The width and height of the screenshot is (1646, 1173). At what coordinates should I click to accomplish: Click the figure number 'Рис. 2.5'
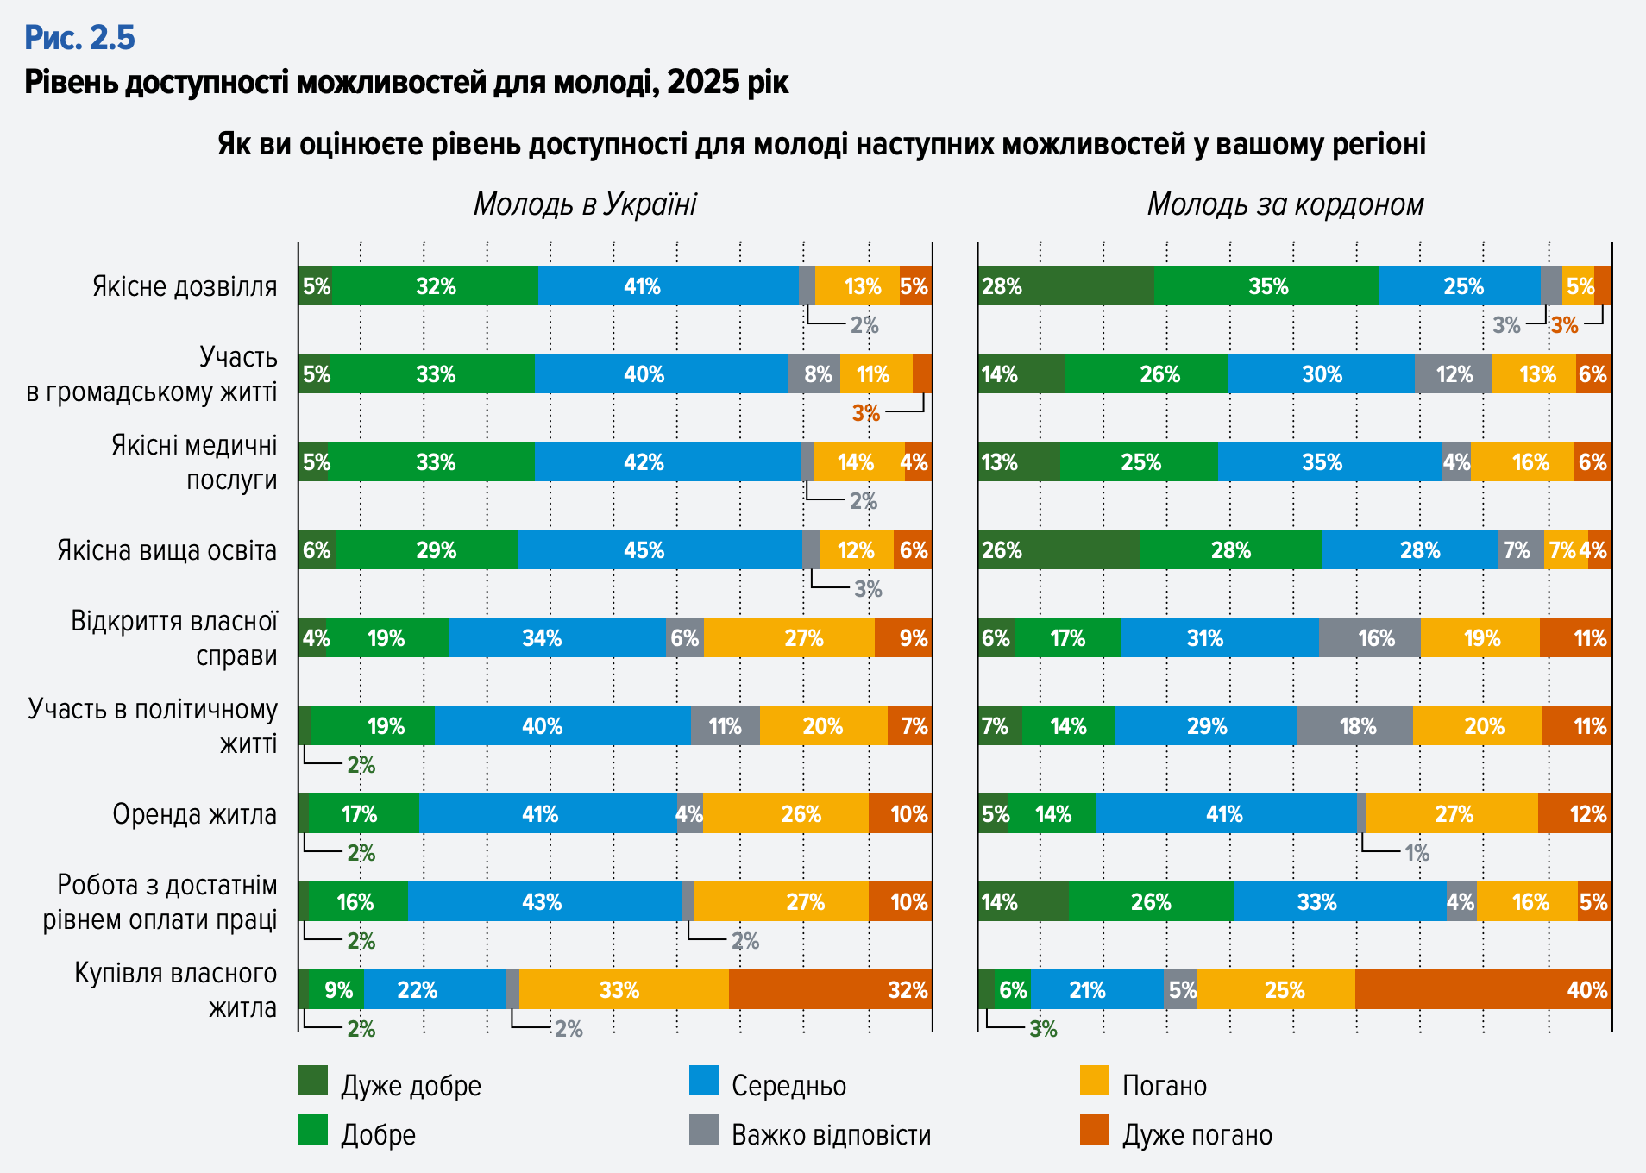click(79, 38)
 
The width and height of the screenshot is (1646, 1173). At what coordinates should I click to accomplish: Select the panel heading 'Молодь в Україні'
click(585, 204)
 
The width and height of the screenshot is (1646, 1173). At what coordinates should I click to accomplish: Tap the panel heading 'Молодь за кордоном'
click(1285, 204)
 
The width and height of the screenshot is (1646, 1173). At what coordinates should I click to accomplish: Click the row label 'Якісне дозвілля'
click(185, 286)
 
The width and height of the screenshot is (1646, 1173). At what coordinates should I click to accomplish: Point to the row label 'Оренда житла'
click(194, 814)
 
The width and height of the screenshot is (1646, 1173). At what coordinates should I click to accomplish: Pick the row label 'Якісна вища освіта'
click(166, 550)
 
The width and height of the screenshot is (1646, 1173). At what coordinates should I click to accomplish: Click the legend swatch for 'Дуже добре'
click(313, 1082)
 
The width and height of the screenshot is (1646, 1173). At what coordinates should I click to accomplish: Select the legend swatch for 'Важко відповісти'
click(704, 1131)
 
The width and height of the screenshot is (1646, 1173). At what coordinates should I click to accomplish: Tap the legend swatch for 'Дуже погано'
click(1094, 1131)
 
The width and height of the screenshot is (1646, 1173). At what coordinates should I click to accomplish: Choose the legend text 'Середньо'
click(788, 1086)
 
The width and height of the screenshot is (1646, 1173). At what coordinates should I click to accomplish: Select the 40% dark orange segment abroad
click(1483, 990)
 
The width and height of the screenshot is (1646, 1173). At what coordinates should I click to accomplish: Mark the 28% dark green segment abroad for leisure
click(1065, 286)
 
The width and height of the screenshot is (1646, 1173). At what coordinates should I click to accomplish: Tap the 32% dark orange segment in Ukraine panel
click(830, 990)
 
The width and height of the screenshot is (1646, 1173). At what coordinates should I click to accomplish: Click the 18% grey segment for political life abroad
click(1354, 726)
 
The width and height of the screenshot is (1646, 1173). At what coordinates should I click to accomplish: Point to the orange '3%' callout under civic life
click(865, 413)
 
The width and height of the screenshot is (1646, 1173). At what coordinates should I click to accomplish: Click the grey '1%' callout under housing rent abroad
click(1417, 853)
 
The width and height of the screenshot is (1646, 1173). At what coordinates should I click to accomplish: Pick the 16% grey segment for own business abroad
click(1370, 638)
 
